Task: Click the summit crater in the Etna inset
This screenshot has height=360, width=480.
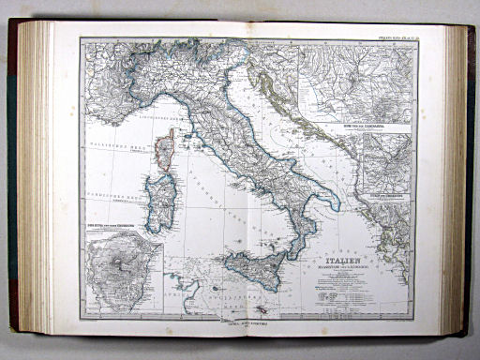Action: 123,273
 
